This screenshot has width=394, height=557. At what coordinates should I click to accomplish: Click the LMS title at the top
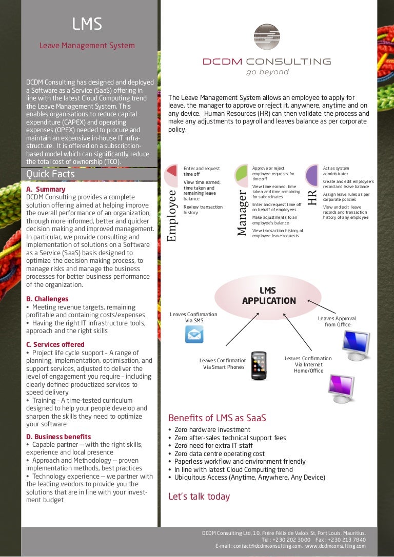[87, 24]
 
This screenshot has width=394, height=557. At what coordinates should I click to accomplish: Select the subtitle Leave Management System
[87, 46]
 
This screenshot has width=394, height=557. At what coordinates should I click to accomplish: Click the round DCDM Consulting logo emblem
[267, 37]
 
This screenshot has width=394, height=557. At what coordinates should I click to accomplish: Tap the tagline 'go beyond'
[267, 72]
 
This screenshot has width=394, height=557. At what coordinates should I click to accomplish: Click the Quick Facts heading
[50, 174]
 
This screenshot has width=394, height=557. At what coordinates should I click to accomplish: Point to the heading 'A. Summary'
[46, 189]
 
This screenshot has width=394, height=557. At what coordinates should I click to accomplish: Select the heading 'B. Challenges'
[47, 299]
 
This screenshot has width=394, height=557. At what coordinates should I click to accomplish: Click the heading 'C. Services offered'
[55, 344]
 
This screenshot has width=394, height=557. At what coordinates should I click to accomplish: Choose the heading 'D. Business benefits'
[58, 437]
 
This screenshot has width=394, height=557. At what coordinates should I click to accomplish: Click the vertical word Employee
[171, 216]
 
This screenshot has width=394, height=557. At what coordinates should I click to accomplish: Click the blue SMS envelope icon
[194, 334]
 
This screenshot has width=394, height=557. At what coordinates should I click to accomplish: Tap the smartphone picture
[258, 365]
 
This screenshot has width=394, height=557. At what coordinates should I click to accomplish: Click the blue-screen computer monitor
[356, 343]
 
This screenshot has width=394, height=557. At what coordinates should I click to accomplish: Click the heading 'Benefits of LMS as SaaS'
[217, 418]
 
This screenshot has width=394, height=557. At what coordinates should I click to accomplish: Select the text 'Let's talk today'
[199, 496]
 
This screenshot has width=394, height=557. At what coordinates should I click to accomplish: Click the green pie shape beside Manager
[241, 175]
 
